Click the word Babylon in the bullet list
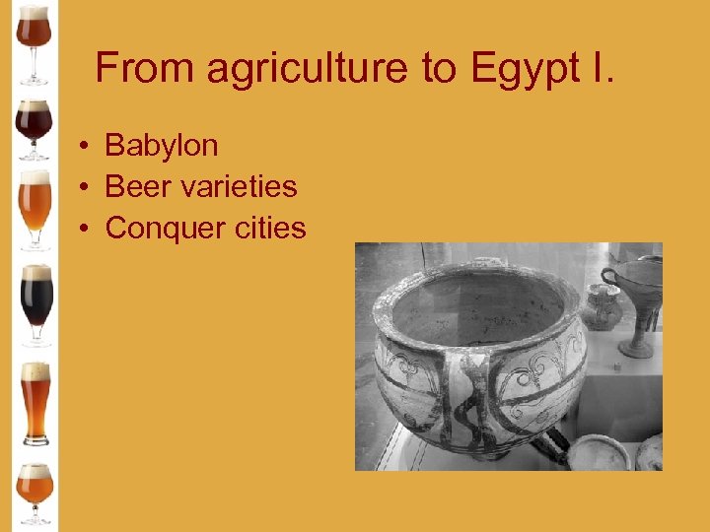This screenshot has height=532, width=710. [161, 146]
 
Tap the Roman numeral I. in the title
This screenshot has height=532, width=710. [600, 68]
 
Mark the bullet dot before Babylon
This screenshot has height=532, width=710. [87, 147]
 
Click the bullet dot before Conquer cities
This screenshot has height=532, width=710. [87, 229]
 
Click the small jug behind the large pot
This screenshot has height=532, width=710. [601, 306]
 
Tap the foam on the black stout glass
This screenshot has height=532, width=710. [36, 272]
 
